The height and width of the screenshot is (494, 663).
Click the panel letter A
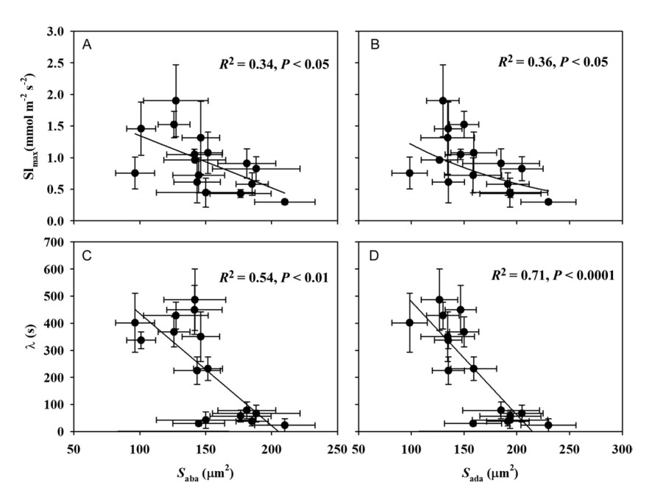(x=87, y=46)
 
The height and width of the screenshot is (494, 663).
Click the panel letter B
(x=373, y=46)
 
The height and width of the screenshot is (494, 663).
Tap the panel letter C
(x=87, y=256)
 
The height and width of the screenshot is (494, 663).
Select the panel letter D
(x=373, y=256)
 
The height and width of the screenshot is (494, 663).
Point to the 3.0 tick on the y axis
(x=57, y=32)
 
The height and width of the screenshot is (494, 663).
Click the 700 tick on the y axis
(x=55, y=241)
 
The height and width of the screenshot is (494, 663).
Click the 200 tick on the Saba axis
(x=272, y=448)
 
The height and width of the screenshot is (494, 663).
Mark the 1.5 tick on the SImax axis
(x=57, y=127)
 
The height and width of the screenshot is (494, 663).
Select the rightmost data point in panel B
(x=548, y=202)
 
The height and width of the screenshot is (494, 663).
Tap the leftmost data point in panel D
(x=410, y=322)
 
